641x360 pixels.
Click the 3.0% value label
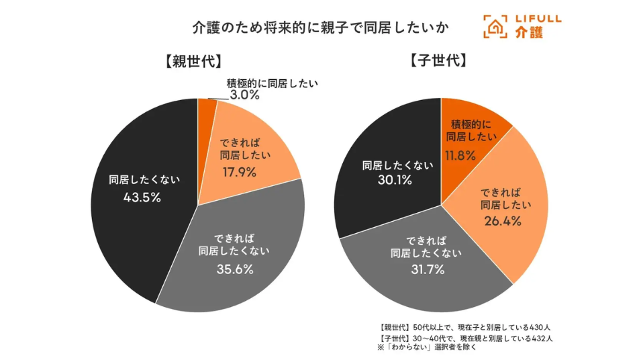pos(244,95)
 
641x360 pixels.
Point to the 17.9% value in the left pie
pos(240,171)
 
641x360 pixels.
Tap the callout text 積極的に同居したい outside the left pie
pos(272,83)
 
